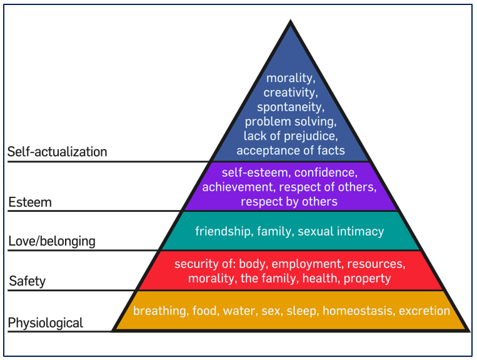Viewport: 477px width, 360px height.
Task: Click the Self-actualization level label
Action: coord(58,152)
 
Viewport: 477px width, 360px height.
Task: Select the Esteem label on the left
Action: coord(30,202)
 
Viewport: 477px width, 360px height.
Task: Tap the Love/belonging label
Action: coord(52,241)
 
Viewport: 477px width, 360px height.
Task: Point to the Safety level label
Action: coord(28,282)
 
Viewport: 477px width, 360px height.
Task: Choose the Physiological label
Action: coord(45,323)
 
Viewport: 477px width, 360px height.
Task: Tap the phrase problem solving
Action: coord(290,121)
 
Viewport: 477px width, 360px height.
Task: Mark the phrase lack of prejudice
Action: coord(290,136)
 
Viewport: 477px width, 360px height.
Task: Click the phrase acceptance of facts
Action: coord(290,150)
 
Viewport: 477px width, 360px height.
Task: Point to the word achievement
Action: coord(231,187)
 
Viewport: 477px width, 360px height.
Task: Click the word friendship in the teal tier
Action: coord(222,231)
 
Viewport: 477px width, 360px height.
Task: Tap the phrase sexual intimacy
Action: coord(341,231)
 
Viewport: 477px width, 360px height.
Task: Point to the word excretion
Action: coord(424,311)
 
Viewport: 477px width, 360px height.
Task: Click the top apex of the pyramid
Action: coord(290,22)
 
